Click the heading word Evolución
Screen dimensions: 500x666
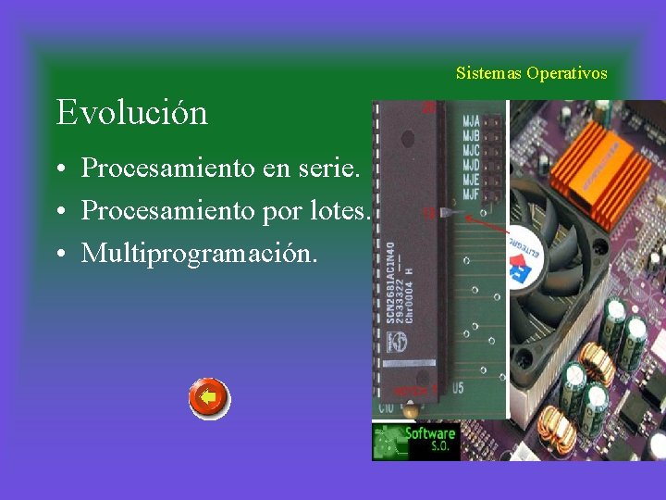pyautogui.click(x=131, y=113)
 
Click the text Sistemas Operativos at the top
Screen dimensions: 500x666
pyautogui.click(x=532, y=73)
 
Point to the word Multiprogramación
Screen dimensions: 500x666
pyautogui.click(x=199, y=252)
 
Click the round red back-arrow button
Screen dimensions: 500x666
pyautogui.click(x=209, y=399)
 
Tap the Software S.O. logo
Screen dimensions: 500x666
pyautogui.click(x=416, y=441)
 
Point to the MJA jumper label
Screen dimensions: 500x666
pyautogui.click(x=472, y=119)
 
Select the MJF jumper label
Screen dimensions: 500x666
pyautogui.click(x=472, y=194)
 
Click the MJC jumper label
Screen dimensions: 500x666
pyautogui.click(x=472, y=149)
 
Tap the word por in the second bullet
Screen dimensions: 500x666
pyautogui.click(x=283, y=212)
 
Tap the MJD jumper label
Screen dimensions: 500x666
pyautogui.click(x=472, y=165)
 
